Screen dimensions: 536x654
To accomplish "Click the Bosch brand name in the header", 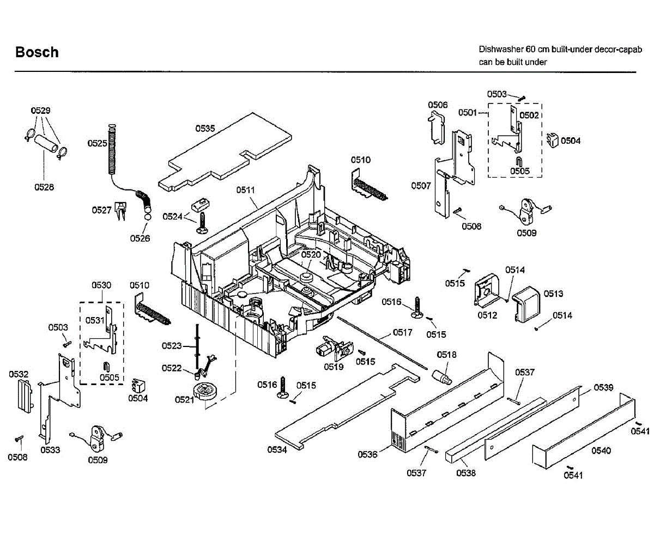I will coord(37,52).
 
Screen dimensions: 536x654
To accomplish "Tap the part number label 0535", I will coord(205,129).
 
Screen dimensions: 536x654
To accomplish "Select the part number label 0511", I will coord(246,190).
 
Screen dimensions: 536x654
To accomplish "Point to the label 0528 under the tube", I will coord(44,187).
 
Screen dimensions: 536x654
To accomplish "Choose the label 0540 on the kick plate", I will coord(601,450).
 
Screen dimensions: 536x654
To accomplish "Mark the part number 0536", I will coord(368,454).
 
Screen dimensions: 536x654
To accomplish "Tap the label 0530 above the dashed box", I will coord(101,285).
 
